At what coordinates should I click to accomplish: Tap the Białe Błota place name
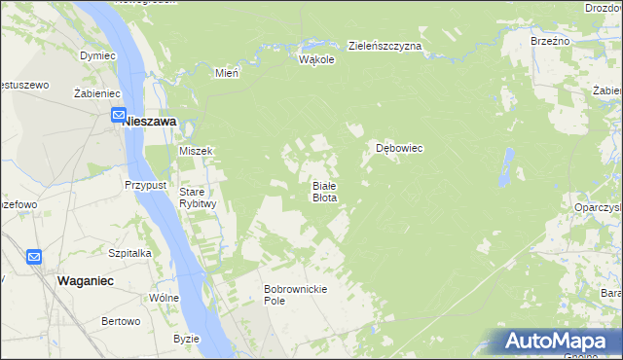(324, 191)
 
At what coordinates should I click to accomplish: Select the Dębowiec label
(399, 149)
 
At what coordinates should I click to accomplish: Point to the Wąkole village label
(316, 59)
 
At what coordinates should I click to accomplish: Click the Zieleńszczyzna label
(385, 46)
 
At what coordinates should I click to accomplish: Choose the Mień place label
(226, 72)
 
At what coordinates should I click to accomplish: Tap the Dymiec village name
(97, 56)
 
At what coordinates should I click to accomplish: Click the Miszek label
(196, 151)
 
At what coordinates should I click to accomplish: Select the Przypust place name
(147, 184)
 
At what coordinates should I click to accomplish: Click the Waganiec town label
(87, 279)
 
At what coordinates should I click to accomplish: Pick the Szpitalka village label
(129, 252)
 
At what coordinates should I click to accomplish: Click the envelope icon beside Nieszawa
(117, 116)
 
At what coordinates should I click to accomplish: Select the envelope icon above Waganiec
(34, 257)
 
